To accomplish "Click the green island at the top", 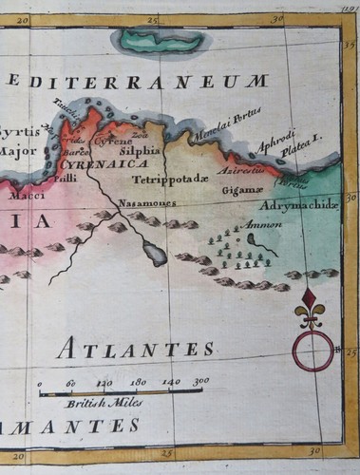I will (153, 41).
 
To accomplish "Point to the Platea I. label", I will (304, 140).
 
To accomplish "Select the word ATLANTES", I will (135, 349).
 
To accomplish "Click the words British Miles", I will (97, 403).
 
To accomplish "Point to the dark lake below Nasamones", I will (154, 253).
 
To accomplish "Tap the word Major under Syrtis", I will (17, 150).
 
